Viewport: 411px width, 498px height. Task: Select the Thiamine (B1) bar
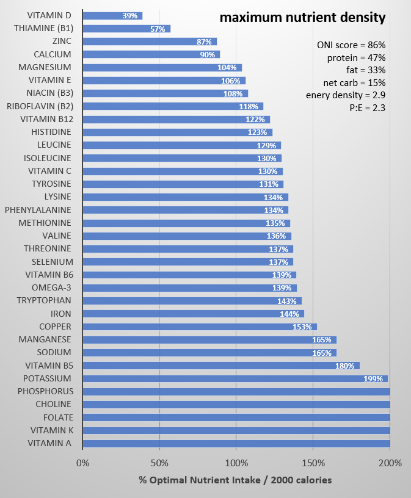[126, 29]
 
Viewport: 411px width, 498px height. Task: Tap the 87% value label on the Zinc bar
[204, 42]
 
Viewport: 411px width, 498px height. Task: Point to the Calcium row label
[53, 54]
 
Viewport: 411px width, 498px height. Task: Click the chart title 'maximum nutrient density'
[302, 18]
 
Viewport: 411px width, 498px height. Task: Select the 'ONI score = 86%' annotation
[351, 45]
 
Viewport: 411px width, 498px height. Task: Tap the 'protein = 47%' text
[356, 57]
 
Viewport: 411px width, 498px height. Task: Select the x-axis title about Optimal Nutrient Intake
[236, 480]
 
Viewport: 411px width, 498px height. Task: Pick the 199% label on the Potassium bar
[373, 379]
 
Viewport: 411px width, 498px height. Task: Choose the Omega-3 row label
[51, 287]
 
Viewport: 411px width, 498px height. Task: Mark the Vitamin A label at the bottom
[49, 443]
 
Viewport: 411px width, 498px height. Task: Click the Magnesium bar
[161, 68]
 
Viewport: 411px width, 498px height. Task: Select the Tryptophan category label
[44, 300]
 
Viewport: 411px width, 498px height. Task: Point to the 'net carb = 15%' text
[354, 82]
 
